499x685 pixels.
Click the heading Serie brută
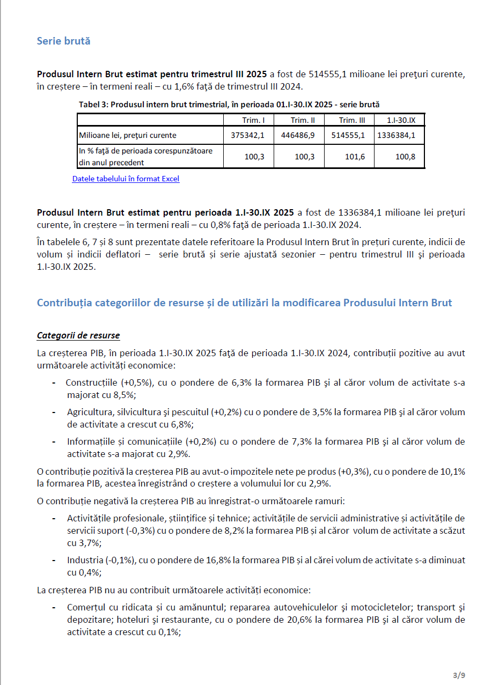click(63, 41)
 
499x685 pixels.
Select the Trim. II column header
click(299, 120)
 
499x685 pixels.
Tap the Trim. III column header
click(349, 120)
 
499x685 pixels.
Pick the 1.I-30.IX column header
click(398, 120)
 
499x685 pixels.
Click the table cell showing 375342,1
click(248, 135)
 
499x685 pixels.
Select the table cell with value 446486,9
click(298, 135)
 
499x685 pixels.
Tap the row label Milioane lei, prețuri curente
click(128, 135)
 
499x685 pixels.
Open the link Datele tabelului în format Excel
click(126, 179)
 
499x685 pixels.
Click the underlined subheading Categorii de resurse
click(78, 336)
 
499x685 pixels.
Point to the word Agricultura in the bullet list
click(85, 413)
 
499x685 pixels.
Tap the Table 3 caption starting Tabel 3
click(229, 104)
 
